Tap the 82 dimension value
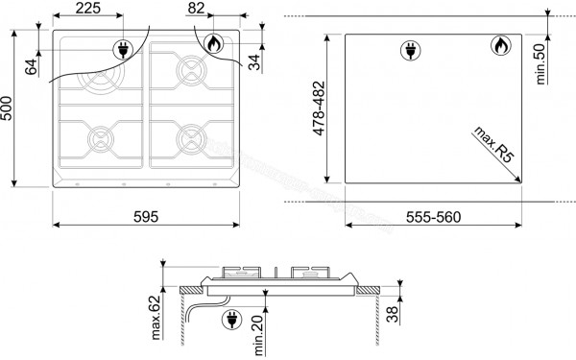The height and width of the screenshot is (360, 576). [x=196, y=10]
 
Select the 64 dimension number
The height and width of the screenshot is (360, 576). [x=30, y=66]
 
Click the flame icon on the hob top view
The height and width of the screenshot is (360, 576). [x=211, y=43]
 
